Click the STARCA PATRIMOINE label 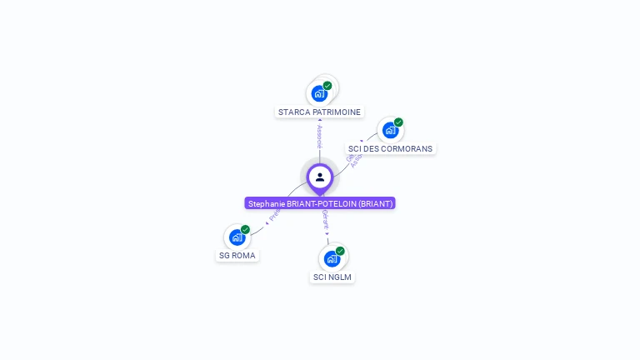click(x=319, y=112)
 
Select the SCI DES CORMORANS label click(x=391, y=148)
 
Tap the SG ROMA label click(x=237, y=255)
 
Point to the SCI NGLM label click(x=332, y=277)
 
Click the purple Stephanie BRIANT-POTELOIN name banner click(x=320, y=203)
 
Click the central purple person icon click(x=320, y=177)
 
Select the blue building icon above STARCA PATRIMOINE click(x=318, y=93)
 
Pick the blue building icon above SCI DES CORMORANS click(x=389, y=131)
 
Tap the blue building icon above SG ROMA click(x=237, y=237)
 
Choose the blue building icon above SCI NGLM click(x=332, y=258)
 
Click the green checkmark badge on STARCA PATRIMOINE click(x=327, y=85)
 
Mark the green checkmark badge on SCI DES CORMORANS click(x=398, y=122)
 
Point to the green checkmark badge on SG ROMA click(x=245, y=229)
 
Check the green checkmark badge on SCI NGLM click(x=340, y=250)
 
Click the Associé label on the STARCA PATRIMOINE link click(x=319, y=137)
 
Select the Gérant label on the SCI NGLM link click(x=325, y=221)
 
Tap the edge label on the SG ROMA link click(x=272, y=217)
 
